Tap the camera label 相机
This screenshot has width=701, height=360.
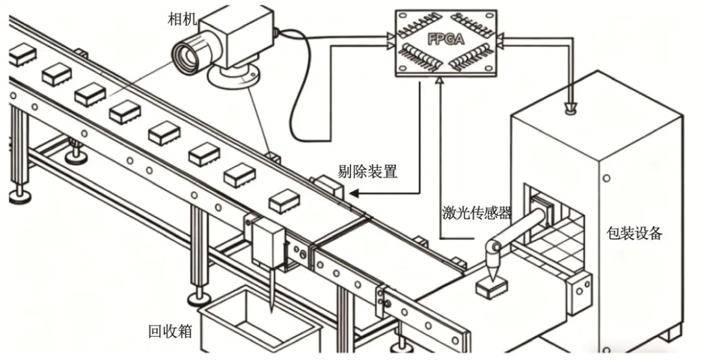point(181,18)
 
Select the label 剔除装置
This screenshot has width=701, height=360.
point(367,172)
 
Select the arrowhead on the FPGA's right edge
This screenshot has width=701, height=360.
point(505,41)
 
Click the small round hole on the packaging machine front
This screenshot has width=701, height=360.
point(607,177)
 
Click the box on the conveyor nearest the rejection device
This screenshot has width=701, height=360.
point(284,201)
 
